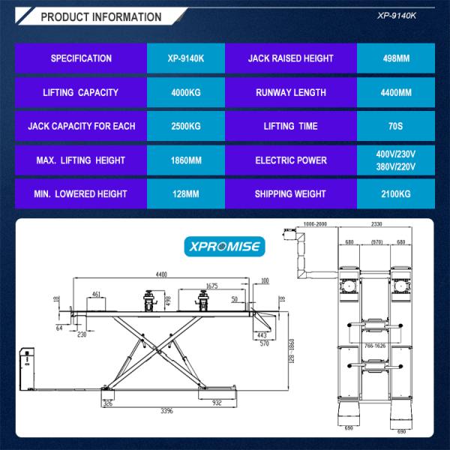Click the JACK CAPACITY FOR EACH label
click(82, 126)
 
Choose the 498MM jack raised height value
click(394, 58)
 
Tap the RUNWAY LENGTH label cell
click(290, 93)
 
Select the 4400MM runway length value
click(394, 93)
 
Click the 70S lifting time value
click(394, 126)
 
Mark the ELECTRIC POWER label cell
click(290, 160)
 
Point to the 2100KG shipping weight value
click(394, 193)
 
